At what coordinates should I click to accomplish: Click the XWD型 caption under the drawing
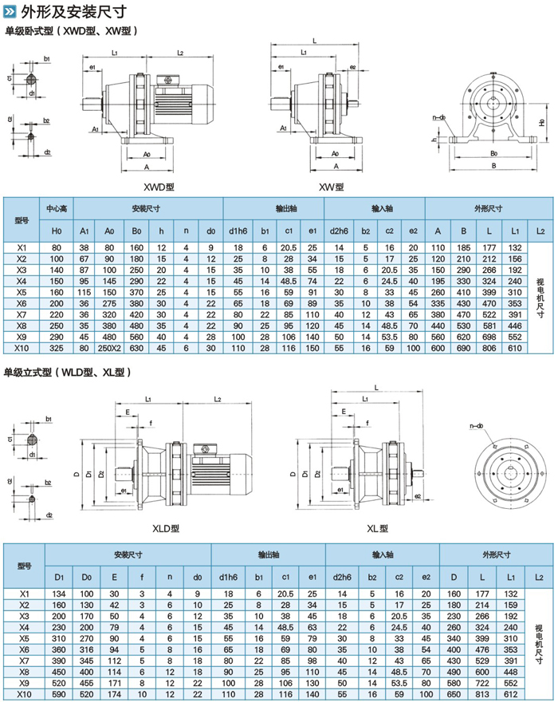pyautogui.click(x=158, y=187)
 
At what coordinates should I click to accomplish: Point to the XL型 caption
pyautogui.click(x=376, y=528)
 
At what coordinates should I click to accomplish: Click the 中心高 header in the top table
pyautogui.click(x=57, y=208)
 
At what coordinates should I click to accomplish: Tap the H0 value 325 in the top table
pyautogui.click(x=57, y=348)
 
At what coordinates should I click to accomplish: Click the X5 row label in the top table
pyautogui.click(x=22, y=292)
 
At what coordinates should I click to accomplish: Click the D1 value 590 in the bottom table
pyautogui.click(x=59, y=695)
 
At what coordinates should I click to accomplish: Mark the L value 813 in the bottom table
pyautogui.click(x=481, y=695)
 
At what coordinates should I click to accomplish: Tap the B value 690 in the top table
pyautogui.click(x=463, y=348)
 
